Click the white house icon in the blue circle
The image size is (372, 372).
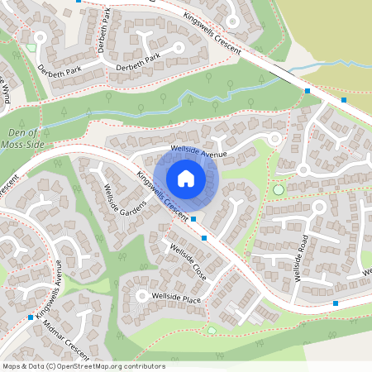186,179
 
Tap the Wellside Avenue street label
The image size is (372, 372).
198,151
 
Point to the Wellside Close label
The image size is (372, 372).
188,260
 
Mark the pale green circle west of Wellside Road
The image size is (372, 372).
278,190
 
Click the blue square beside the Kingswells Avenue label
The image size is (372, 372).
31,317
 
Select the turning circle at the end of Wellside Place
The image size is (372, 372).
141,296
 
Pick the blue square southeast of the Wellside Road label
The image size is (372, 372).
336,303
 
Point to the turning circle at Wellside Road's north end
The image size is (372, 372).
303,169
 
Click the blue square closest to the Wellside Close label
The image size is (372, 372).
203,238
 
